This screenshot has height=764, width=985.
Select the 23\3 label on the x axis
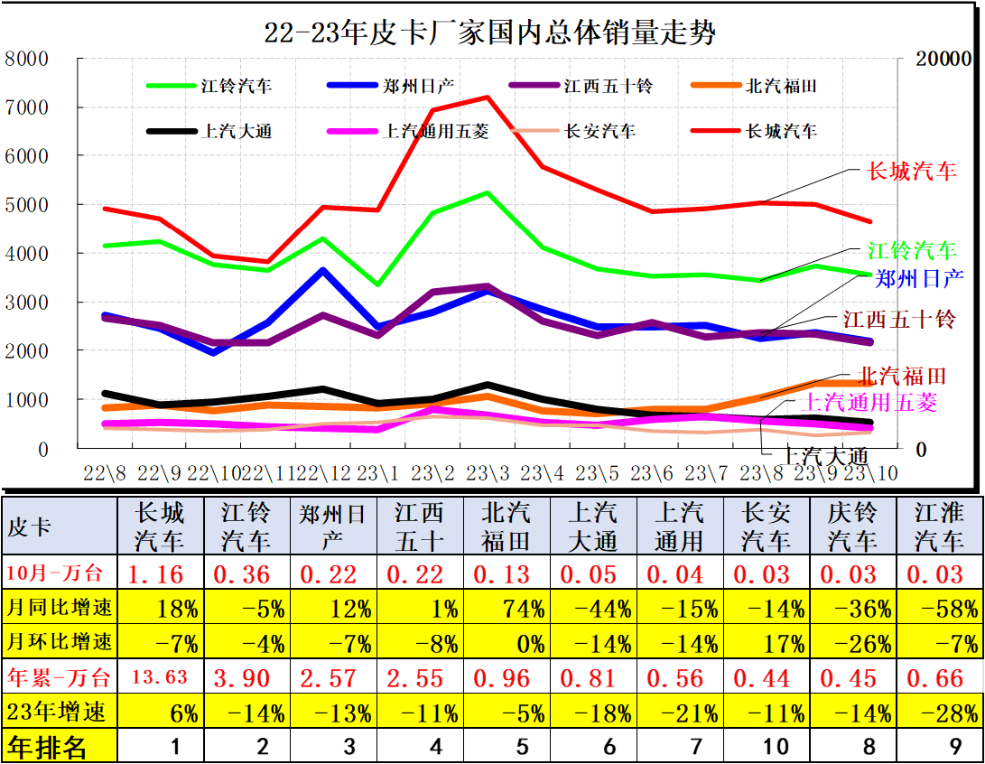tap(488, 473)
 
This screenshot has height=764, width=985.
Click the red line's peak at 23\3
tap(488, 97)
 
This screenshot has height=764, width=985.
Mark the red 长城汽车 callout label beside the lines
tap(911, 171)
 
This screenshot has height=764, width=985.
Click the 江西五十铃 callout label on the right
tap(898, 319)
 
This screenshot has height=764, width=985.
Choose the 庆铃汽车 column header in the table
tap(852, 526)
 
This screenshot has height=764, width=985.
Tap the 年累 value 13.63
tap(158, 676)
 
